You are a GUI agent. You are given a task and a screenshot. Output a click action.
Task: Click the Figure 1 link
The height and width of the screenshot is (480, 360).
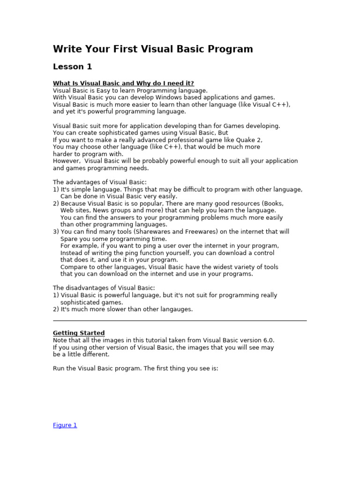click(x=65, y=425)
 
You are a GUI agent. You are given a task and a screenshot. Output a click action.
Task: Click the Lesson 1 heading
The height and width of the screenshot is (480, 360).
click(x=72, y=67)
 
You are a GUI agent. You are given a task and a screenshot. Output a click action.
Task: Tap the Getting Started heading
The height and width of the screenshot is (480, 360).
click(x=79, y=333)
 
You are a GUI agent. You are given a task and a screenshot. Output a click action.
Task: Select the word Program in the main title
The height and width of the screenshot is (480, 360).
click(x=232, y=49)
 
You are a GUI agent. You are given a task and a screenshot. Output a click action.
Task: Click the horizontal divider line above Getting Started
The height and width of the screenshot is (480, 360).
click(x=180, y=321)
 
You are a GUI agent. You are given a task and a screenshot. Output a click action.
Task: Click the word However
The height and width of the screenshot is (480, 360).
click(x=66, y=161)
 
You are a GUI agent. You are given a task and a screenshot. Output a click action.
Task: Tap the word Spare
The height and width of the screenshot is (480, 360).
click(x=68, y=239)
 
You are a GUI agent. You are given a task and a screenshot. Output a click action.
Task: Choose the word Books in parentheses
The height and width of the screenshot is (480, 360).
click(x=273, y=203)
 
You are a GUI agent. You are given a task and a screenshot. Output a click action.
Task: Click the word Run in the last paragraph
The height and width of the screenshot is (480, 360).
click(x=59, y=368)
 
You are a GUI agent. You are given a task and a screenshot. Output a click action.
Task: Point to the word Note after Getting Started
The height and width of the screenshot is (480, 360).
click(x=60, y=340)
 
